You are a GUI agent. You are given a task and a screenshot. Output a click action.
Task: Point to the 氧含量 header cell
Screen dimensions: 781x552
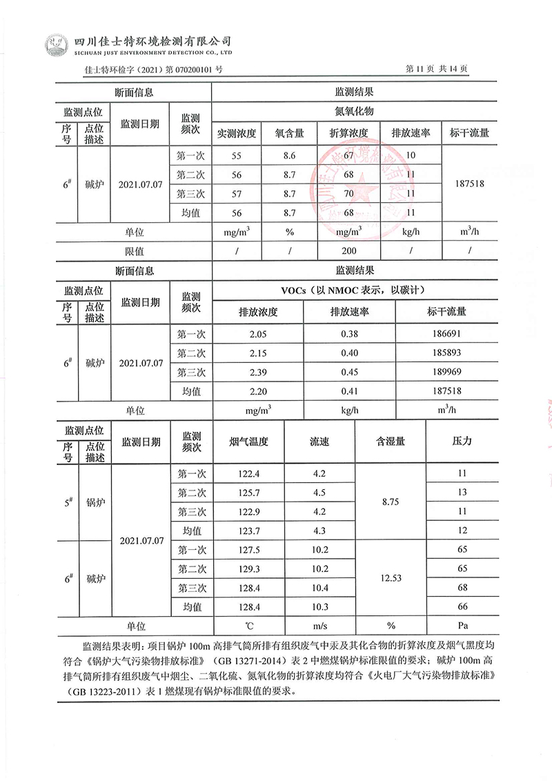(x=290, y=133)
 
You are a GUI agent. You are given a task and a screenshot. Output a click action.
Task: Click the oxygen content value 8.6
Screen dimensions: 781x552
(x=290, y=156)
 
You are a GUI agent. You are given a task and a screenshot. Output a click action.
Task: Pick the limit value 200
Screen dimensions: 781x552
(x=349, y=250)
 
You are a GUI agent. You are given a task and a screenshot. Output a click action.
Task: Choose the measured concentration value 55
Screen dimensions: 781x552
(x=237, y=156)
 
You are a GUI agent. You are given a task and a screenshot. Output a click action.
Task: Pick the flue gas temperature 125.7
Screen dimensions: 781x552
(x=248, y=493)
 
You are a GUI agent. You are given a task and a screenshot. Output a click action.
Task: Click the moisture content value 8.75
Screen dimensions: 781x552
(x=391, y=502)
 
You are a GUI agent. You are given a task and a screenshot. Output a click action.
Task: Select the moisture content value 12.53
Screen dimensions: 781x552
(x=391, y=578)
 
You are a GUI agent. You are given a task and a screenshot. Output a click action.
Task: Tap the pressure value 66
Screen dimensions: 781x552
(x=462, y=606)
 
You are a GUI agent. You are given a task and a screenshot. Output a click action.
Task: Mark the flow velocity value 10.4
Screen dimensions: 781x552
(x=319, y=588)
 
